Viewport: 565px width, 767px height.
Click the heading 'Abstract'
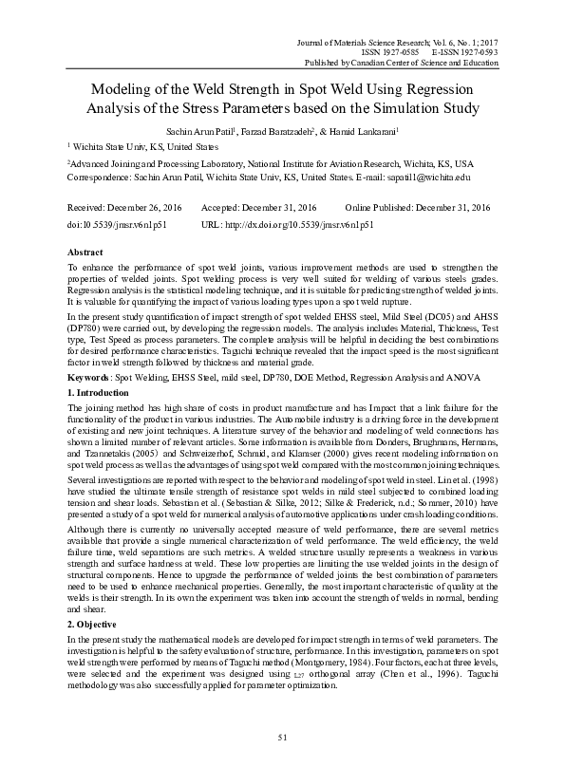(86, 253)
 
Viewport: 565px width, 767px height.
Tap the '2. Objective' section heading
(94, 626)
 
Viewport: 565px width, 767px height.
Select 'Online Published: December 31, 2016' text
(418, 207)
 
